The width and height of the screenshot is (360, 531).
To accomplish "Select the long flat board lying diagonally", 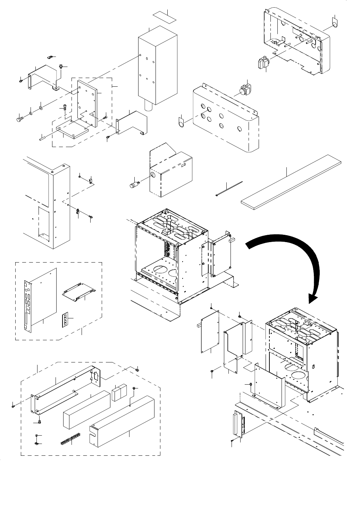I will (x=292, y=184).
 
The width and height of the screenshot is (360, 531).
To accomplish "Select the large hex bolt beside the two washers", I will (x=19, y=119).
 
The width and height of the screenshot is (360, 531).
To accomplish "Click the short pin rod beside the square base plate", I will (x=45, y=138).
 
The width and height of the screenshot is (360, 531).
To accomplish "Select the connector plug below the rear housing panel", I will (x=263, y=63).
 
